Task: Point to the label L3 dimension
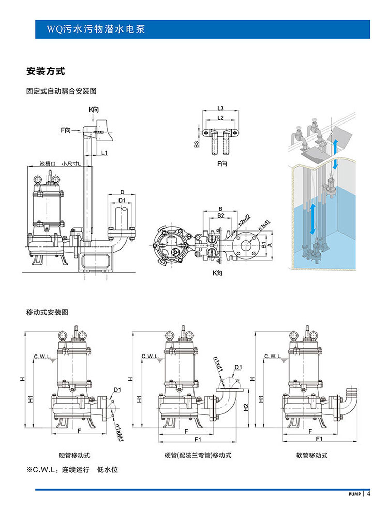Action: tap(220, 108)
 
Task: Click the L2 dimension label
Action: tap(220, 118)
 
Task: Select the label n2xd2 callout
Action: tap(245, 223)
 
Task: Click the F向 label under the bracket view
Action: tap(221, 164)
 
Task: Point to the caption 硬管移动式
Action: tap(74, 455)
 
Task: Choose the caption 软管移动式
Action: tap(312, 455)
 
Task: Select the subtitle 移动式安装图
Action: tap(47, 312)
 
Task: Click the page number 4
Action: tap(369, 493)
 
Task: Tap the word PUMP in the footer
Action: tap(354, 494)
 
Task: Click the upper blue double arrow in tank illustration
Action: tap(335, 153)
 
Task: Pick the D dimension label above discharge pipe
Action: tap(122, 191)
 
